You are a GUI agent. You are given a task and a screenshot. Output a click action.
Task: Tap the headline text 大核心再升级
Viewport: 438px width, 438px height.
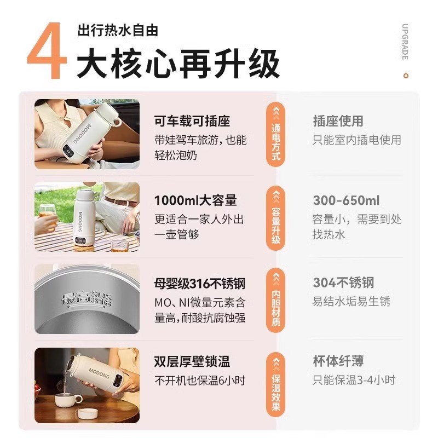[x=178, y=64]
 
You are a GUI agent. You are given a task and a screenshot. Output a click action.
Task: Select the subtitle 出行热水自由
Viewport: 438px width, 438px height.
[x=118, y=30]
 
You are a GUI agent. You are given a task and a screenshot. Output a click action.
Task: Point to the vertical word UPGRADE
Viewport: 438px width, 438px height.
[x=405, y=42]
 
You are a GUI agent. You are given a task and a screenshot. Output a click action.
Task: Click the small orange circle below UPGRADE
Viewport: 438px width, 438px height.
[x=405, y=74]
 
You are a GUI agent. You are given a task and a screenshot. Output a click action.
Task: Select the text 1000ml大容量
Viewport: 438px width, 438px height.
[x=195, y=200]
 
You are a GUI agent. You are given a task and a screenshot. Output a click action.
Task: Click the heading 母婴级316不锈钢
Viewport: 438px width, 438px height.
[x=199, y=283]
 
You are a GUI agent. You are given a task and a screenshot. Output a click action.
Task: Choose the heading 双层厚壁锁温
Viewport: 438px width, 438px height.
[x=192, y=361]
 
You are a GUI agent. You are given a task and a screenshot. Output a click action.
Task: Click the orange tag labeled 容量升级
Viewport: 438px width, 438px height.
[x=276, y=218]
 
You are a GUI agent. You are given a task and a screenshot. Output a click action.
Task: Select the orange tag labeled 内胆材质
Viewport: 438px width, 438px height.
[x=276, y=301]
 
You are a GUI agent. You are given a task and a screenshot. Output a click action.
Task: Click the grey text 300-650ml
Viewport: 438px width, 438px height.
[x=346, y=200]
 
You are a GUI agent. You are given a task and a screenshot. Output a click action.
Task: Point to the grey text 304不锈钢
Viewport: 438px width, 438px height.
[x=343, y=283]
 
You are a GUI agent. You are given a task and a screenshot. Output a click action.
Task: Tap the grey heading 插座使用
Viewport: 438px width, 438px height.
[x=338, y=121]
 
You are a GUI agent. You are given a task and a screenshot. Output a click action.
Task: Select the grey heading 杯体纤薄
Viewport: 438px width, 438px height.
[x=338, y=361]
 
